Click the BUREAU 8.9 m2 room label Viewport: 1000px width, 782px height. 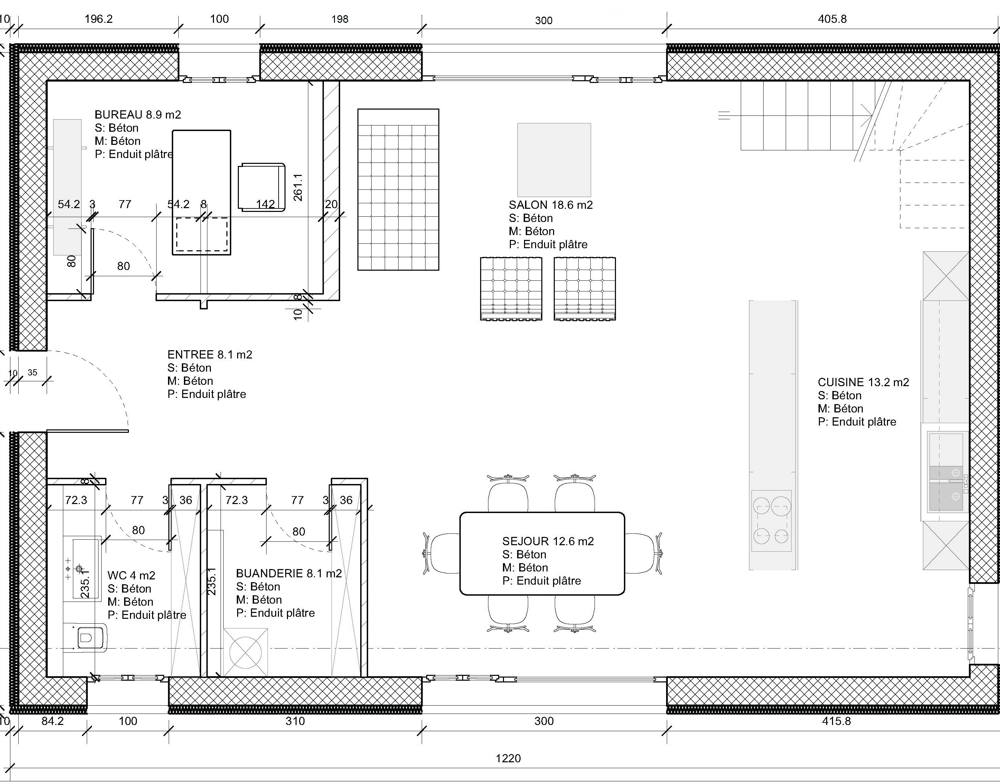pyautogui.click(x=138, y=114)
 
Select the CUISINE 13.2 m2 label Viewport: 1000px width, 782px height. pyautogui.click(x=863, y=382)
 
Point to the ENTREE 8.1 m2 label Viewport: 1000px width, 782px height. pyautogui.click(x=210, y=354)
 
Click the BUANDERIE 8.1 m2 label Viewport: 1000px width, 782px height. pyautogui.click(x=289, y=573)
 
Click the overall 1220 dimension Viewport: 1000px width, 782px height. pyautogui.click(x=508, y=758)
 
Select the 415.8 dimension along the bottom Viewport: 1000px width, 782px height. pyautogui.click(x=837, y=721)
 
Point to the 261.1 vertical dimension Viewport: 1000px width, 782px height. pyautogui.click(x=298, y=187)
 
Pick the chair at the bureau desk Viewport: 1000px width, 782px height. pyautogui.click(x=261, y=187)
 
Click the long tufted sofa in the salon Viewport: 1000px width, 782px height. pyautogui.click(x=398, y=189)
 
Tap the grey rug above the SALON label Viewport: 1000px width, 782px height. pyautogui.click(x=554, y=160)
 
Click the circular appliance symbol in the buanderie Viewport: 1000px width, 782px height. pyautogui.click(x=246, y=652)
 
